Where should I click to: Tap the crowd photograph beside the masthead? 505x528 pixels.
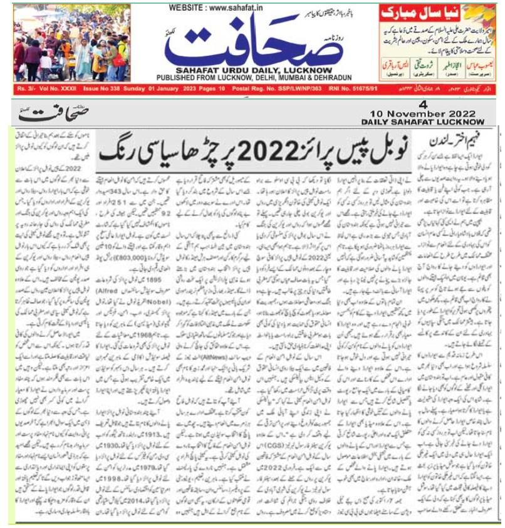click(73, 42)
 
